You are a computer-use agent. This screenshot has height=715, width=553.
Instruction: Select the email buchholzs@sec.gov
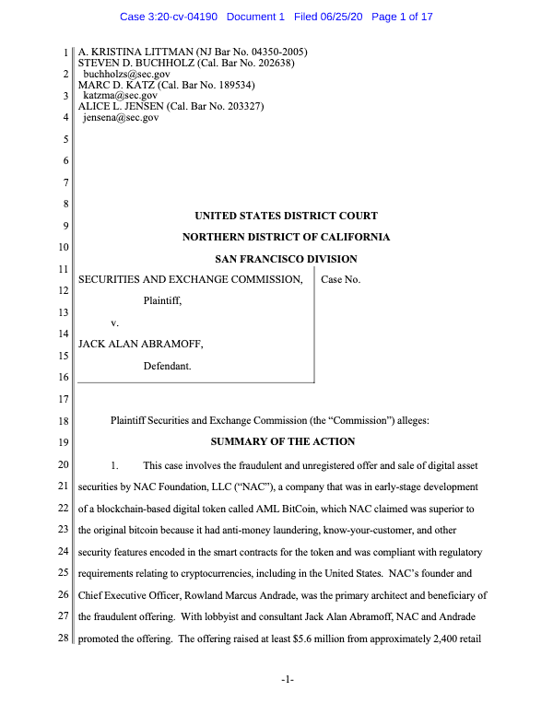click(x=127, y=73)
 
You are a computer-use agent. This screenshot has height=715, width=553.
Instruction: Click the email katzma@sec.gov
click(x=120, y=95)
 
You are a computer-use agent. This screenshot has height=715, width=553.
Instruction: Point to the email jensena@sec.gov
click(x=121, y=117)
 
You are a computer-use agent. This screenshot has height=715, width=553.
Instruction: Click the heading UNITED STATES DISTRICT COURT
click(x=286, y=216)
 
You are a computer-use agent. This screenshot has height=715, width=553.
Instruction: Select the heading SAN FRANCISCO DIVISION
click(x=286, y=259)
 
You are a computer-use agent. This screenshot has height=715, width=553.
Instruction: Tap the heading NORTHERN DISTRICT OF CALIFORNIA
click(x=286, y=237)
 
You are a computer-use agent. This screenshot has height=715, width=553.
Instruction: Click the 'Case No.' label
click(x=341, y=279)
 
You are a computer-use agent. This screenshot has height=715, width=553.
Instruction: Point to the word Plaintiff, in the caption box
click(x=163, y=300)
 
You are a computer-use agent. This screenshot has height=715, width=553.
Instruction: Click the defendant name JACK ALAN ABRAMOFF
click(x=140, y=344)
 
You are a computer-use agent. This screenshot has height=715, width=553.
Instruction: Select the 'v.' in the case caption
click(x=115, y=322)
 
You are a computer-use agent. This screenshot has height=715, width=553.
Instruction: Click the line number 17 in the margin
click(x=63, y=399)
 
